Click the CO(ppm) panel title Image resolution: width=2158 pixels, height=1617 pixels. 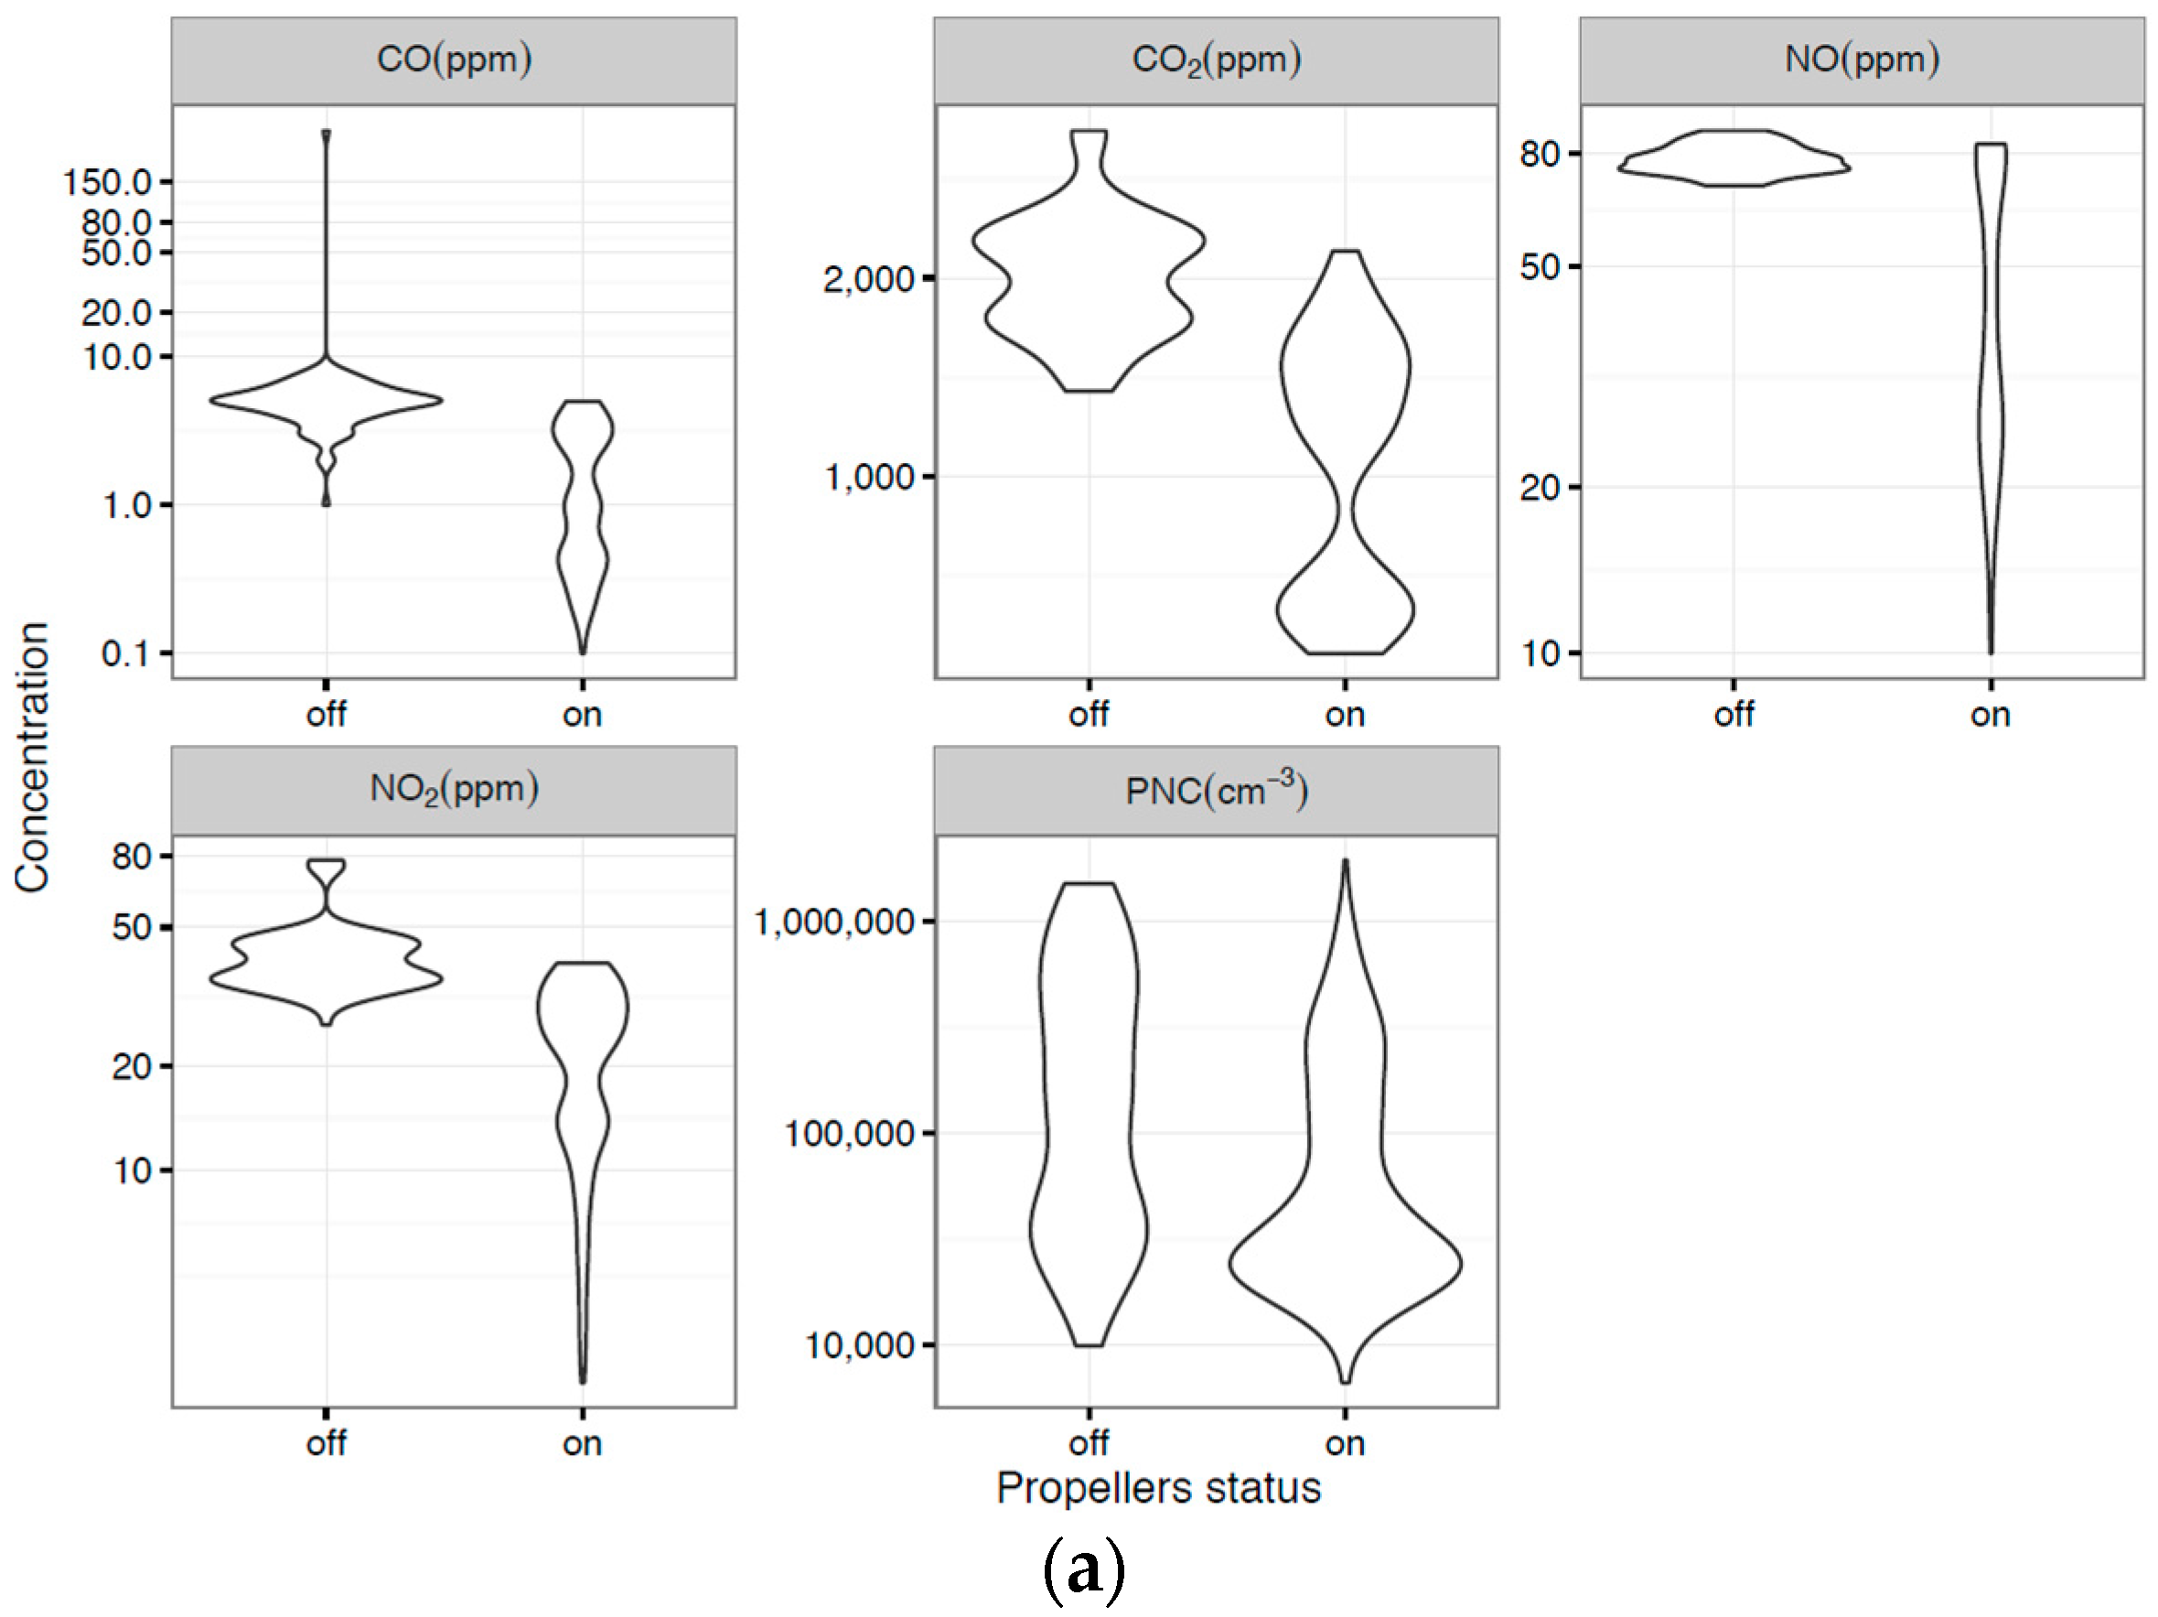(454, 59)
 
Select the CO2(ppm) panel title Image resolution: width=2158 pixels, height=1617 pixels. (1216, 59)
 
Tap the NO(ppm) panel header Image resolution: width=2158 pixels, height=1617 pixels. (1862, 59)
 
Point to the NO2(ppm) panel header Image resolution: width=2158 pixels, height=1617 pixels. (454, 789)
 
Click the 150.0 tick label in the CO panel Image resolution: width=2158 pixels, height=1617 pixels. (107, 182)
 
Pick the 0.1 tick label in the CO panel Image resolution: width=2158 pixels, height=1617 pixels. (126, 653)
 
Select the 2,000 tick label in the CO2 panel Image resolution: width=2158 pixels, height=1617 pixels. (868, 280)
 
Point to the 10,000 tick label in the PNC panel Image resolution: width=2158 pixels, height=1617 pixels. (858, 1346)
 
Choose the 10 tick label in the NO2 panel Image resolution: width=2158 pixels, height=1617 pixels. (133, 1170)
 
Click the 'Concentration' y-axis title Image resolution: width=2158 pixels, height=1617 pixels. (32, 758)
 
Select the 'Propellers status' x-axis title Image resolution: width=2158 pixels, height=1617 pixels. (1158, 1488)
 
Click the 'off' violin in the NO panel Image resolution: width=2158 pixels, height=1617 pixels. (1734, 158)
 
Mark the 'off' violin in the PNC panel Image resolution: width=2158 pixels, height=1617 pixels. (1089, 1113)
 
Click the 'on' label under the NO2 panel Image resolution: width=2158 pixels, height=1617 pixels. (583, 1443)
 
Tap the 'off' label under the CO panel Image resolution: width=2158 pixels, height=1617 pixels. (326, 715)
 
